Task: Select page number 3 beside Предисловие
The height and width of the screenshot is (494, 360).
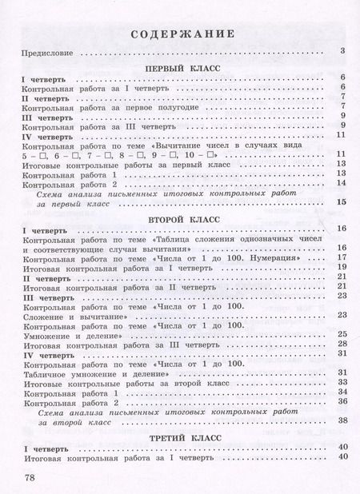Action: point(342,52)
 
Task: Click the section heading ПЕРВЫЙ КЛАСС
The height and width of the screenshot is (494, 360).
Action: point(183,70)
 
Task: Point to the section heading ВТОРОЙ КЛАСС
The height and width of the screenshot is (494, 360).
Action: point(183,217)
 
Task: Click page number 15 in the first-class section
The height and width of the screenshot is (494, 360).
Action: point(341,203)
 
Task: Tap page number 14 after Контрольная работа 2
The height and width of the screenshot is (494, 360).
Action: point(341,184)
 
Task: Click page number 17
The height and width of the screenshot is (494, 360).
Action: point(341,259)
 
